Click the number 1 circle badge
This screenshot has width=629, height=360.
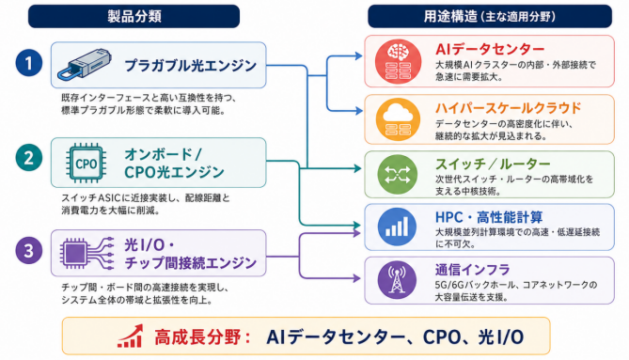point(29,63)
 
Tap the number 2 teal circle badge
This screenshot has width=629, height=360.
point(29,158)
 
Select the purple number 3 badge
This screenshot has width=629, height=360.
point(29,251)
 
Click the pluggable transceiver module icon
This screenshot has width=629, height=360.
point(85,64)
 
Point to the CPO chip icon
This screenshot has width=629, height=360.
point(86,164)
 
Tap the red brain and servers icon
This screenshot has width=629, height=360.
point(398,61)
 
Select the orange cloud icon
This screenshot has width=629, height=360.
point(398,119)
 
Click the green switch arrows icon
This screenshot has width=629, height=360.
point(397,175)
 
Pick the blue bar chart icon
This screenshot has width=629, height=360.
point(397,227)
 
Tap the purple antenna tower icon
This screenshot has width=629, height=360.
point(397,280)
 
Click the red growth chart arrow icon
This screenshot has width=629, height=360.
point(131,336)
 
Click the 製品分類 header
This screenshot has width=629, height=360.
point(134,16)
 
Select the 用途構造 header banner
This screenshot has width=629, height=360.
point(490,16)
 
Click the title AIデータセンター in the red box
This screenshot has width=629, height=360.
point(490,49)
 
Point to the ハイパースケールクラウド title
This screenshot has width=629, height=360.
point(509,108)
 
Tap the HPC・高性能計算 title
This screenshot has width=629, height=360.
point(489,217)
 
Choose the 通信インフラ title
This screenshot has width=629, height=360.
point(473,270)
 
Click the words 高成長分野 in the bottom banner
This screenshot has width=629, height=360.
point(197,337)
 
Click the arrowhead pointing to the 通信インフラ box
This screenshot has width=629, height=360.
point(356,278)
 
